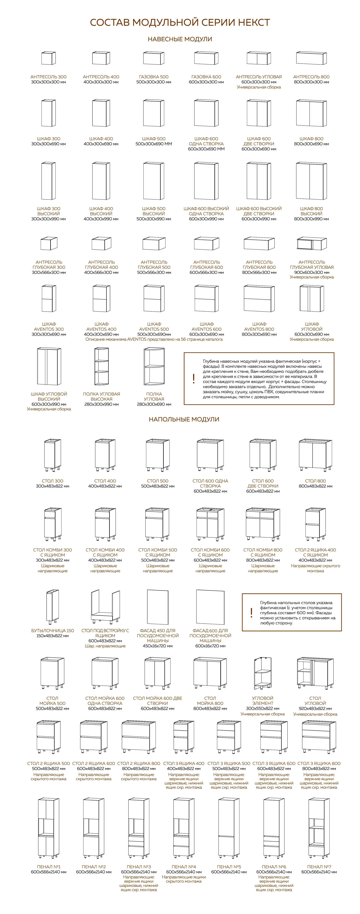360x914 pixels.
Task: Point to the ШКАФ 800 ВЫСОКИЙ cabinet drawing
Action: (x=311, y=181)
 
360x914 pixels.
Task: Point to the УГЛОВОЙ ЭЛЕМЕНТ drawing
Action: (x=262, y=673)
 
